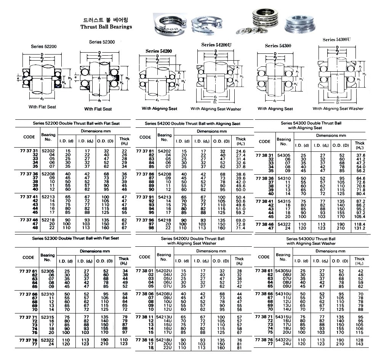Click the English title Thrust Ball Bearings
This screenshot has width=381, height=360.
[x=106, y=27]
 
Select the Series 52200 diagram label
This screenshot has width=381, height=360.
[x=44, y=47]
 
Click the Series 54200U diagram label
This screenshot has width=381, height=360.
[x=216, y=45]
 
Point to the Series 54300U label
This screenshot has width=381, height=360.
[x=337, y=39]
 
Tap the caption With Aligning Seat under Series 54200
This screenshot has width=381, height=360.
[x=160, y=109]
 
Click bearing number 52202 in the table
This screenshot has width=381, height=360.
[x=48, y=151]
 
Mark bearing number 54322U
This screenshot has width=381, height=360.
[x=285, y=339]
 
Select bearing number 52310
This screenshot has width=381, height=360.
[x=48, y=293]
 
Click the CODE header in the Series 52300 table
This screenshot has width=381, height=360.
[x=29, y=257]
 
